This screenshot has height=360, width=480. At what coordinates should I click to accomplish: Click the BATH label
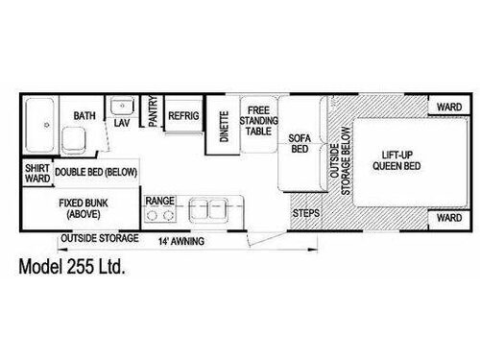click(x=84, y=116)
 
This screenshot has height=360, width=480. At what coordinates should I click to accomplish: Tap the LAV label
click(x=122, y=124)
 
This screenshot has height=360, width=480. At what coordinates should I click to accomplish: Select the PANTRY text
click(x=153, y=114)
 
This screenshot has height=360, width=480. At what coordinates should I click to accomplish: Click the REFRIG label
click(x=182, y=115)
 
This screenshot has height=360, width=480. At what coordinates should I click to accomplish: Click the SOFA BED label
click(x=298, y=145)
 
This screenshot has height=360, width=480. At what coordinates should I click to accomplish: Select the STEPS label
click(x=305, y=211)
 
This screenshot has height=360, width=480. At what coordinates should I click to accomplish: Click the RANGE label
click(x=158, y=200)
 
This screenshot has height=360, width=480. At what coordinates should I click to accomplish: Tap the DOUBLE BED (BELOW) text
click(x=95, y=171)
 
